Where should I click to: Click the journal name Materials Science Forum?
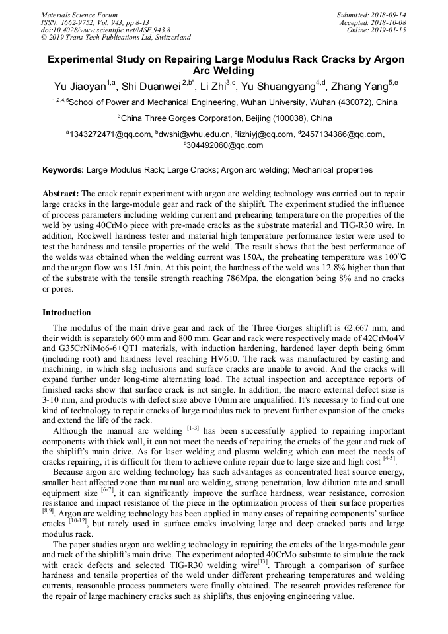click(79, 14)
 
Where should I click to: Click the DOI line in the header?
click(106, 30)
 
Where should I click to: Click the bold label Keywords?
click(63, 170)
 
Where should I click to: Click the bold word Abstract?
click(61, 194)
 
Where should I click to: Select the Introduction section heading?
click(66, 313)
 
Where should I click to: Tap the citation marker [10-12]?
click(77, 522)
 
